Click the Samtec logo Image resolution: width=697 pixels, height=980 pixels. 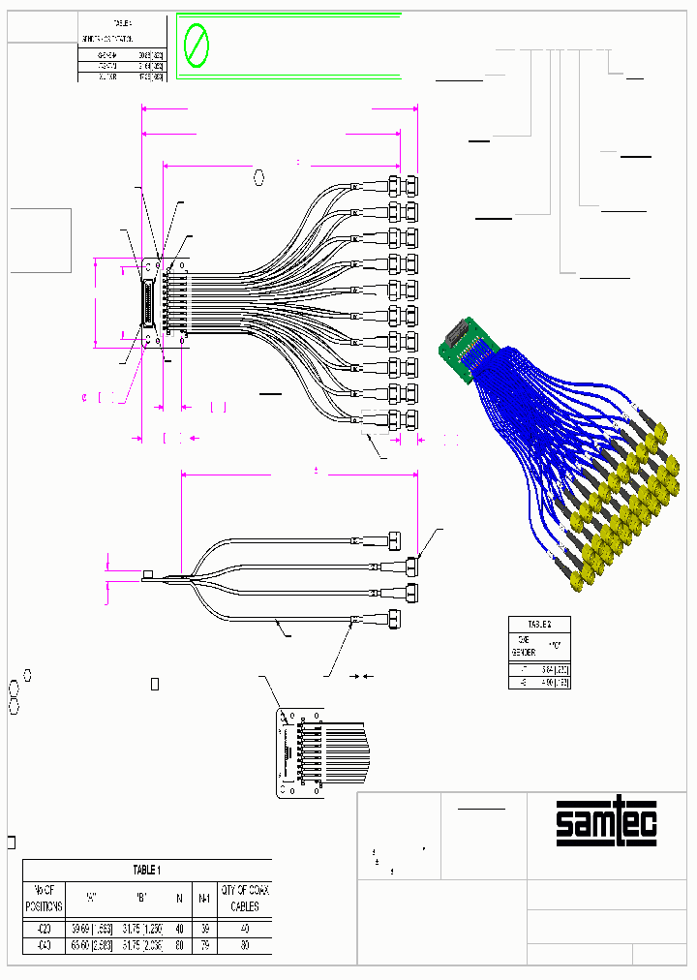606,823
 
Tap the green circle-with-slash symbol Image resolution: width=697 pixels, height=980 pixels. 197,45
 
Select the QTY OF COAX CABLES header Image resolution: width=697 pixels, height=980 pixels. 245,898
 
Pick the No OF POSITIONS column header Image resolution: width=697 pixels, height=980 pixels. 44,898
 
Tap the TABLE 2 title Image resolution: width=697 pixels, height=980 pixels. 539,624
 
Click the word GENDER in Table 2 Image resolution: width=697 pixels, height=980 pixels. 523,653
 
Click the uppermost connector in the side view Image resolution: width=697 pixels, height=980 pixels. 396,538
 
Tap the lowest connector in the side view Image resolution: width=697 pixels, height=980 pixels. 396,618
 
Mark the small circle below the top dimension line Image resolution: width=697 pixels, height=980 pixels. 259,176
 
